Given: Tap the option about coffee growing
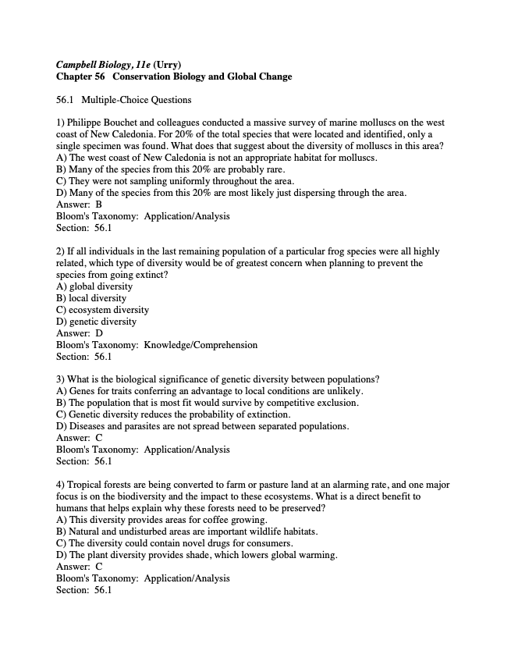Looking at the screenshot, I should (x=162, y=520).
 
